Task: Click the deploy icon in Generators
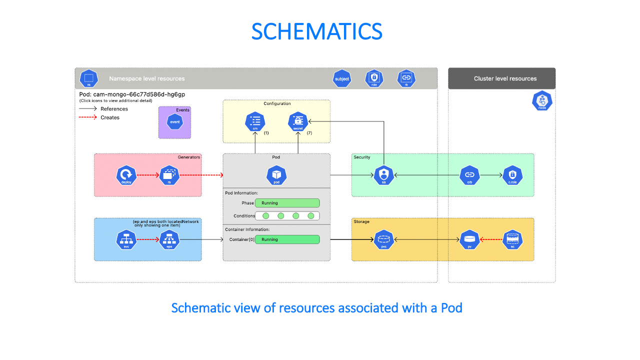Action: click(x=126, y=175)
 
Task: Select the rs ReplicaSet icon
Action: click(x=169, y=175)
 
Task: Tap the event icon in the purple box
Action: click(x=175, y=121)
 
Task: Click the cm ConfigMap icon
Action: click(x=255, y=121)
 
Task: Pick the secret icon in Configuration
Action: click(x=298, y=121)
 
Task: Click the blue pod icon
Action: click(x=276, y=175)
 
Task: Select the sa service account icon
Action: click(x=384, y=175)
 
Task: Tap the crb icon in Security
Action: click(x=469, y=175)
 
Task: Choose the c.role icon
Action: click(x=512, y=175)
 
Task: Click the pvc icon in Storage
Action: click(x=384, y=240)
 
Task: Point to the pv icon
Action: click(x=469, y=240)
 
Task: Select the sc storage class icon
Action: click(x=512, y=240)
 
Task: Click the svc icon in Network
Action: click(x=126, y=240)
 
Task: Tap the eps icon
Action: click(x=169, y=240)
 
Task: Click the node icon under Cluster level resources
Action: click(x=542, y=100)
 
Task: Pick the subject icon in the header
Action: click(x=342, y=78)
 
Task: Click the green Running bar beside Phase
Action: click(x=287, y=203)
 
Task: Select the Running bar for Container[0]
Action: click(x=287, y=239)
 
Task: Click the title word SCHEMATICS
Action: click(x=316, y=32)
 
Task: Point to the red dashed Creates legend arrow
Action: click(x=88, y=117)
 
